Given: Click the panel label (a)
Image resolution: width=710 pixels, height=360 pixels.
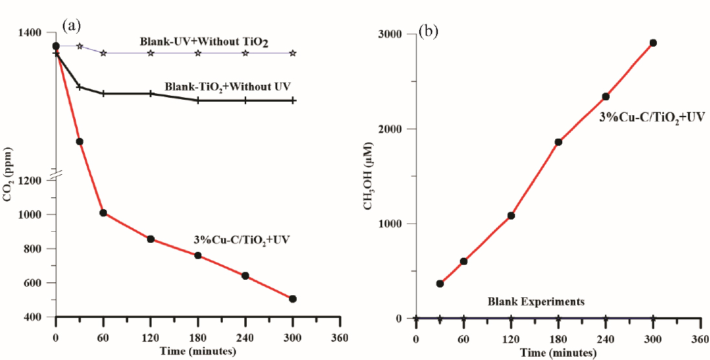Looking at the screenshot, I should (x=72, y=25).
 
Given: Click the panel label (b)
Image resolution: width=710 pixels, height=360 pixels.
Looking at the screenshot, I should (x=428, y=31).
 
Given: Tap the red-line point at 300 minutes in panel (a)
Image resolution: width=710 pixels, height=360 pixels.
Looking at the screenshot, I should (x=293, y=298).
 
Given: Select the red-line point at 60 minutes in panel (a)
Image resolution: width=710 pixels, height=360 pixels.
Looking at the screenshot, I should (x=103, y=213).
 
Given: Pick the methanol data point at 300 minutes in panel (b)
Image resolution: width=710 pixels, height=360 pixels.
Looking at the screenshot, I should (x=653, y=43).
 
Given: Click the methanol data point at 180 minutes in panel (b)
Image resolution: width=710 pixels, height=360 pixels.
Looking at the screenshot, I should (x=558, y=142).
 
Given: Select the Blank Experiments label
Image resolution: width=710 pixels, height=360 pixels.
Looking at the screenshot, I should (x=536, y=302).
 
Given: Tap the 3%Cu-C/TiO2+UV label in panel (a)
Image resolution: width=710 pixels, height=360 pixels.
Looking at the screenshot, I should (x=242, y=240).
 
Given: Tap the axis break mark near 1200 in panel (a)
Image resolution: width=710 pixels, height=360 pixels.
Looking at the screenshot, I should (x=56, y=173).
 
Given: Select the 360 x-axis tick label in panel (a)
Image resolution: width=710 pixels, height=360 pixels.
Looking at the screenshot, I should (x=339, y=338).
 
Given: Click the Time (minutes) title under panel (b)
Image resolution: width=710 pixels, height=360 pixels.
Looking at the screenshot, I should (x=558, y=353).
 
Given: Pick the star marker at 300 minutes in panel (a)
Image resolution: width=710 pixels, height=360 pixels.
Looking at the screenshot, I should (x=293, y=53).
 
